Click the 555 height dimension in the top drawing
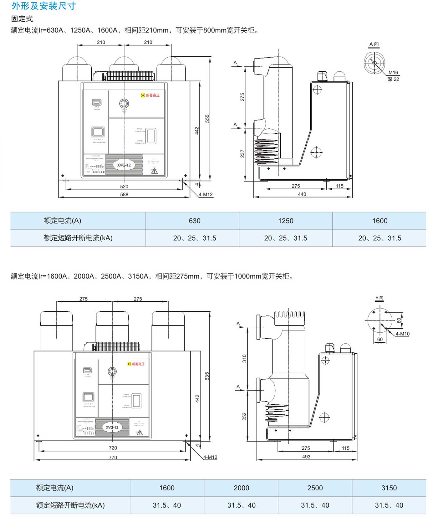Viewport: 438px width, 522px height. [207, 119]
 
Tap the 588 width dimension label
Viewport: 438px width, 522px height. [124, 194]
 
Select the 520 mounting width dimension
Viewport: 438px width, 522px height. [124, 187]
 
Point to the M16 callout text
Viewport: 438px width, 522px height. [393, 73]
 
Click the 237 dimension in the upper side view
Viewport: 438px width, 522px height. [242, 154]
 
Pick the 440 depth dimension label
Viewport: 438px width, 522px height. [302, 194]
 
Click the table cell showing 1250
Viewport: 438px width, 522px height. [286, 221]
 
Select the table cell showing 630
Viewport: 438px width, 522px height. [195, 221]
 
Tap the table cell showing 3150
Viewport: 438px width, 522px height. [389, 488]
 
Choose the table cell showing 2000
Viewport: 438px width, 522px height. [241, 488]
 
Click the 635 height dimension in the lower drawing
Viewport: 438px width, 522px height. [207, 376]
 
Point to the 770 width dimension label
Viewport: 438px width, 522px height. [113, 458]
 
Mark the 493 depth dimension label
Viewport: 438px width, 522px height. [306, 457]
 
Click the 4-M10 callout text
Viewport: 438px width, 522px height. [402, 334]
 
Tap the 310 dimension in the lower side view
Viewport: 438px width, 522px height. [244, 359]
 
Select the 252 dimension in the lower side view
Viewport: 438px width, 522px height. [244, 416]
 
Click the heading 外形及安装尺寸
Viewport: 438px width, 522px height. [43, 6]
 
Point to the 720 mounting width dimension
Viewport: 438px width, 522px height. [113, 448]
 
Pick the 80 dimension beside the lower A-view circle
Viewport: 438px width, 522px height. [399, 320]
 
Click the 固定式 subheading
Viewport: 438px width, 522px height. [22, 19]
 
